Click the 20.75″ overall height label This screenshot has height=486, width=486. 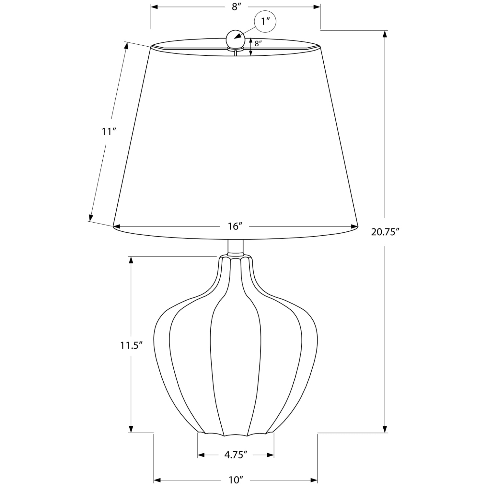(x=385, y=232)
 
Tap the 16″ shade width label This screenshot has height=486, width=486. (x=236, y=226)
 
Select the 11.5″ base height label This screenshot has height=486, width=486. (x=132, y=346)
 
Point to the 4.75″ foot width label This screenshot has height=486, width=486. (x=236, y=455)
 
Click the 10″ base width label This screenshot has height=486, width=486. (x=236, y=479)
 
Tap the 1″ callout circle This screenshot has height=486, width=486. (x=266, y=22)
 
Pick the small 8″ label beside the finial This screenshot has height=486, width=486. (x=258, y=44)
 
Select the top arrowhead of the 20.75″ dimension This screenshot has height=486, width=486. (x=385, y=34)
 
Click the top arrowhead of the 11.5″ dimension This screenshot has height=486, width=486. (x=131, y=260)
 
